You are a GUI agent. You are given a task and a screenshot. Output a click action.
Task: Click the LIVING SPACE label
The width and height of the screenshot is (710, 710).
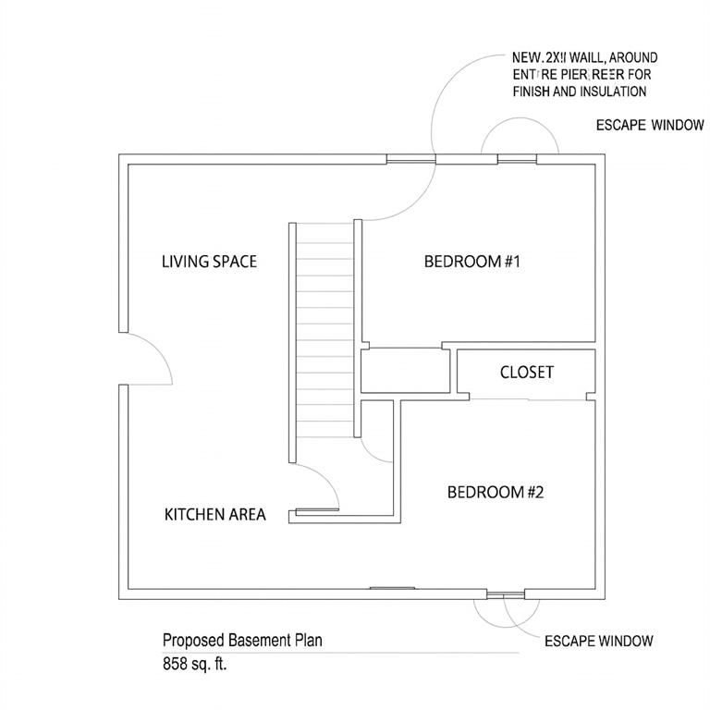coord(209,262)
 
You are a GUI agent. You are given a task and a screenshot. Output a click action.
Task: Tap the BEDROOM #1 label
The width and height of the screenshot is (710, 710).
coord(472,262)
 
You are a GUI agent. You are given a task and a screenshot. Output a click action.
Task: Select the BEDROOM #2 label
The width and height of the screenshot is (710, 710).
coord(496,492)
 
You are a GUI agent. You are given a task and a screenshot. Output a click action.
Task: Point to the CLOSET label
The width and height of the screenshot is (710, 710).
coord(526,373)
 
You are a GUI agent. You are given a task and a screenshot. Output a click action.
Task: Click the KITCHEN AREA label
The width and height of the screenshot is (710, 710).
coord(214,514)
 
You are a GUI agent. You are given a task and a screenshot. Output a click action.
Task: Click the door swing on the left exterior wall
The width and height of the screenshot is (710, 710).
coord(148,359)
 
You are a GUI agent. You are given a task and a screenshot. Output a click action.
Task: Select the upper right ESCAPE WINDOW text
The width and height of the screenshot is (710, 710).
coord(649,126)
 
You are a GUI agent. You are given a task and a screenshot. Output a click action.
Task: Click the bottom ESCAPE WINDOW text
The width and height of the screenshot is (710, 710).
coord(598,641)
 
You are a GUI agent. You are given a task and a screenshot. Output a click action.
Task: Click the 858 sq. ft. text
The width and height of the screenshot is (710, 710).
coord(194,663)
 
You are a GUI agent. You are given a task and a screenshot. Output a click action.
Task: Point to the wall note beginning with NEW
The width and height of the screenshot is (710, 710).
coord(584,75)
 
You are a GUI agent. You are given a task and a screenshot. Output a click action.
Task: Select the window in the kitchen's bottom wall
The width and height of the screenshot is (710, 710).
coord(391,588)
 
